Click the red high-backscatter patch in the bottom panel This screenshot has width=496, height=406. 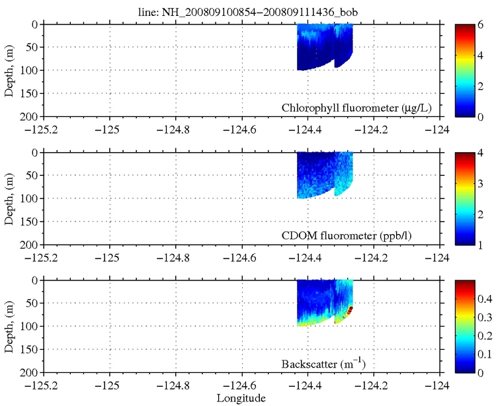[350, 309]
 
